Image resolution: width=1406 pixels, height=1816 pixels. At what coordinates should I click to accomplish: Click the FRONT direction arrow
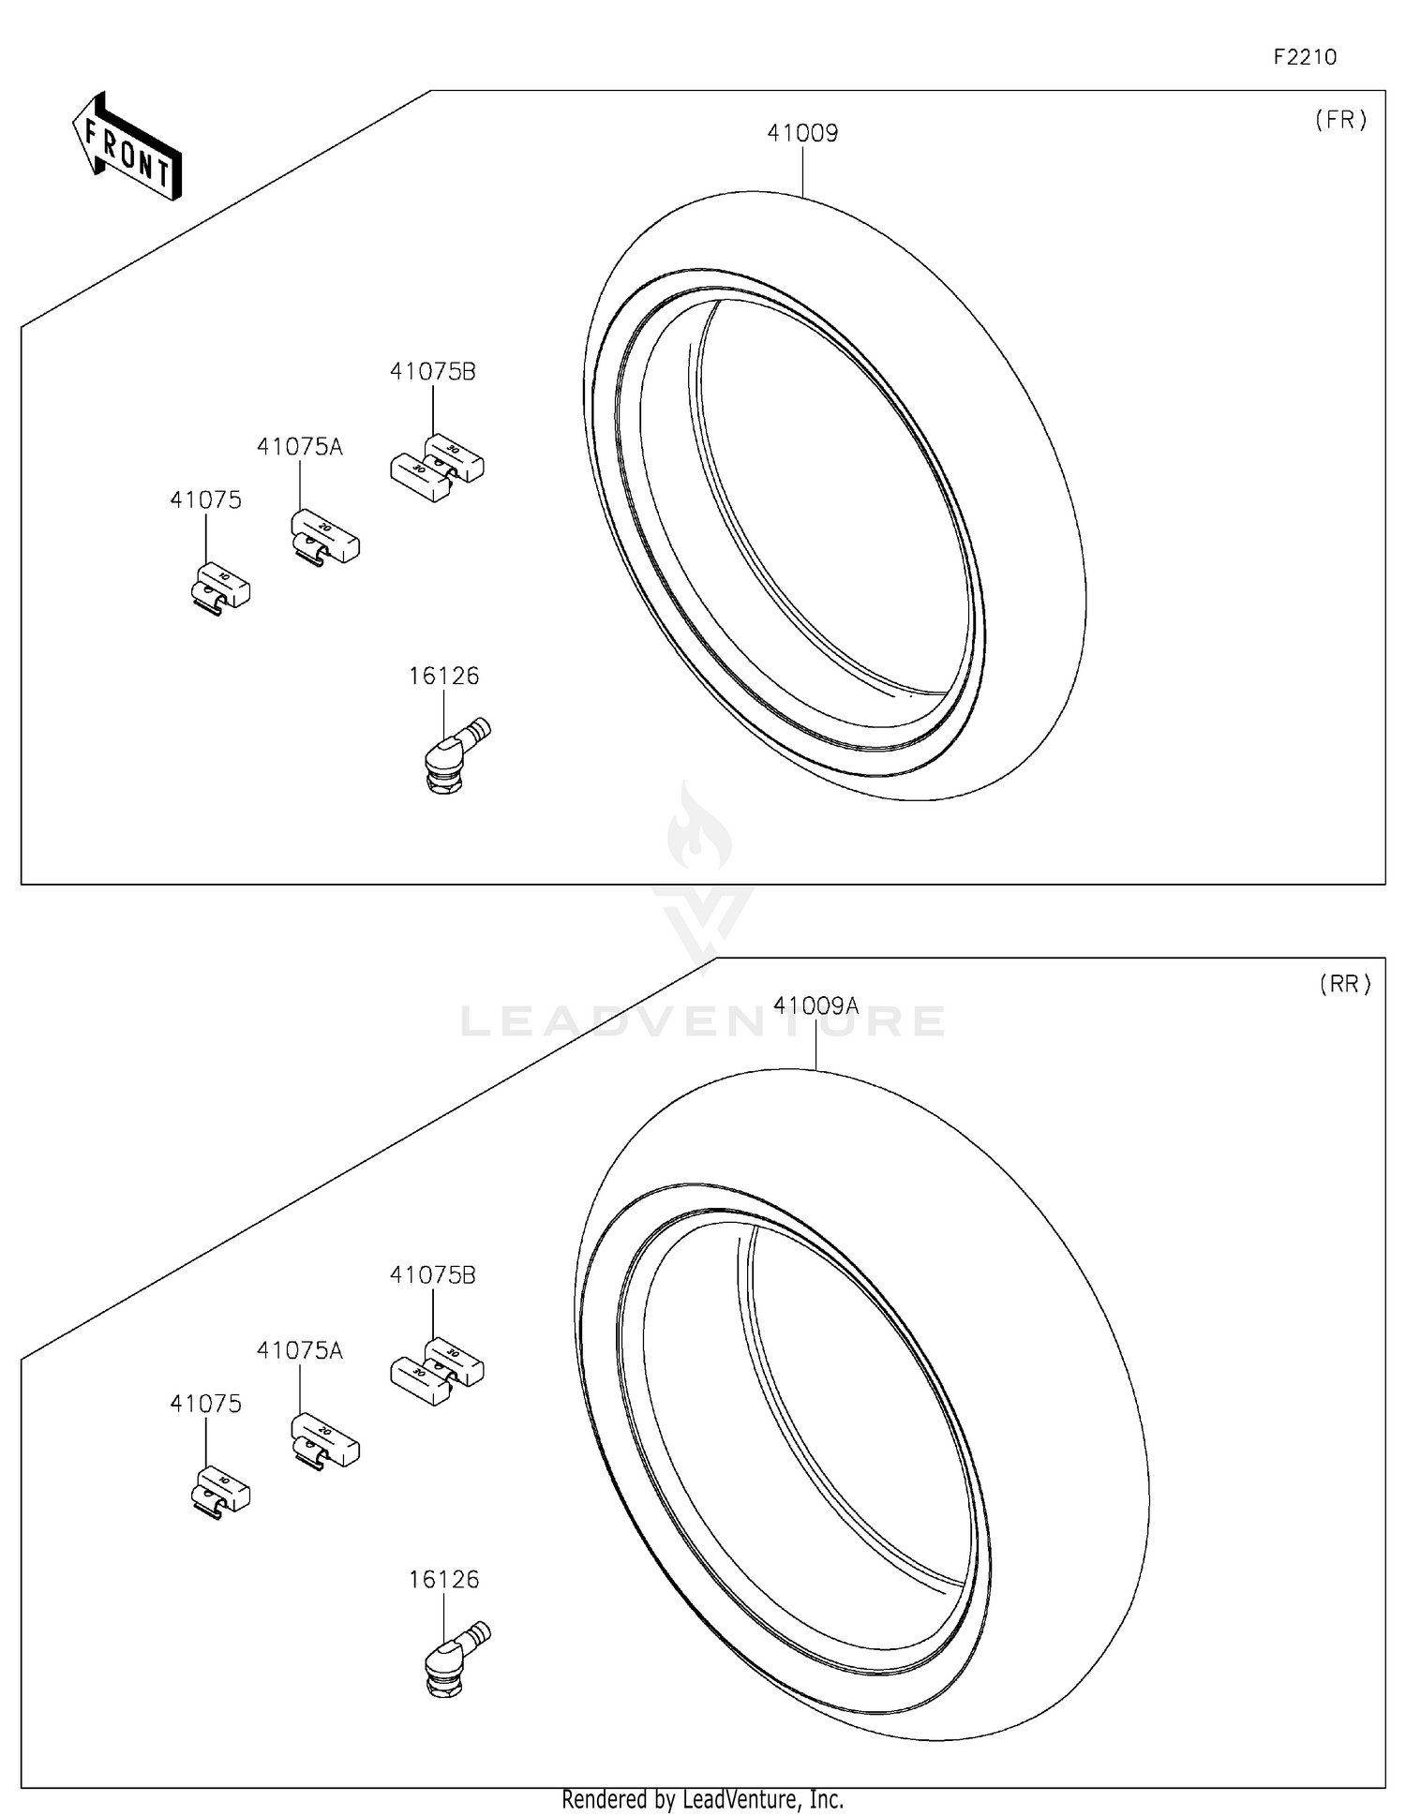[127, 148]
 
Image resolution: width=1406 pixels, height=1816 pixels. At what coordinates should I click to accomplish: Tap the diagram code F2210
[1305, 57]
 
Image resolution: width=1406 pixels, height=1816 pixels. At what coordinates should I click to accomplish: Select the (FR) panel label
[1341, 120]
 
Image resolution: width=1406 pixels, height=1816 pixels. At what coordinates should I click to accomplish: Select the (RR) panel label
[1345, 984]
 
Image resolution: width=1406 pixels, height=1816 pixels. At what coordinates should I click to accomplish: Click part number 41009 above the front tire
[802, 133]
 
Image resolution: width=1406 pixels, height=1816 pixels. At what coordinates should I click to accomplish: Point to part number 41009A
[815, 1005]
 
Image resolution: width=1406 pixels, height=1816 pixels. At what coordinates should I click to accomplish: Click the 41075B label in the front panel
[433, 372]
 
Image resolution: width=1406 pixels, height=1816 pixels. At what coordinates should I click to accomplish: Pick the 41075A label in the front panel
[300, 447]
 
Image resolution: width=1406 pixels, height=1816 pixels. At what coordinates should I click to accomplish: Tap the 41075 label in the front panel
[205, 500]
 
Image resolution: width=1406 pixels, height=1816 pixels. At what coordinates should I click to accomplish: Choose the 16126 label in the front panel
[443, 676]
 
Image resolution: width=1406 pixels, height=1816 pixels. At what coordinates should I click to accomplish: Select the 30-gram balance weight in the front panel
[437, 466]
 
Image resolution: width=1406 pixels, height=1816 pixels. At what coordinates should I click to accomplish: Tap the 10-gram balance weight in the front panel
[221, 588]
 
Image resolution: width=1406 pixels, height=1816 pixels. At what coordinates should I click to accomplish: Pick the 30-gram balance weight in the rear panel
[437, 1369]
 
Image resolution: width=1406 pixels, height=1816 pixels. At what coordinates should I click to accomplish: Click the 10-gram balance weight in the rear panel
[221, 1492]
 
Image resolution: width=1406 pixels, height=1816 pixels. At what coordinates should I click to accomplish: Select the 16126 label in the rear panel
[443, 1579]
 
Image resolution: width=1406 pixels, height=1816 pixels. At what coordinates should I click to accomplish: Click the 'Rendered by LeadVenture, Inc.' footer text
[702, 1799]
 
